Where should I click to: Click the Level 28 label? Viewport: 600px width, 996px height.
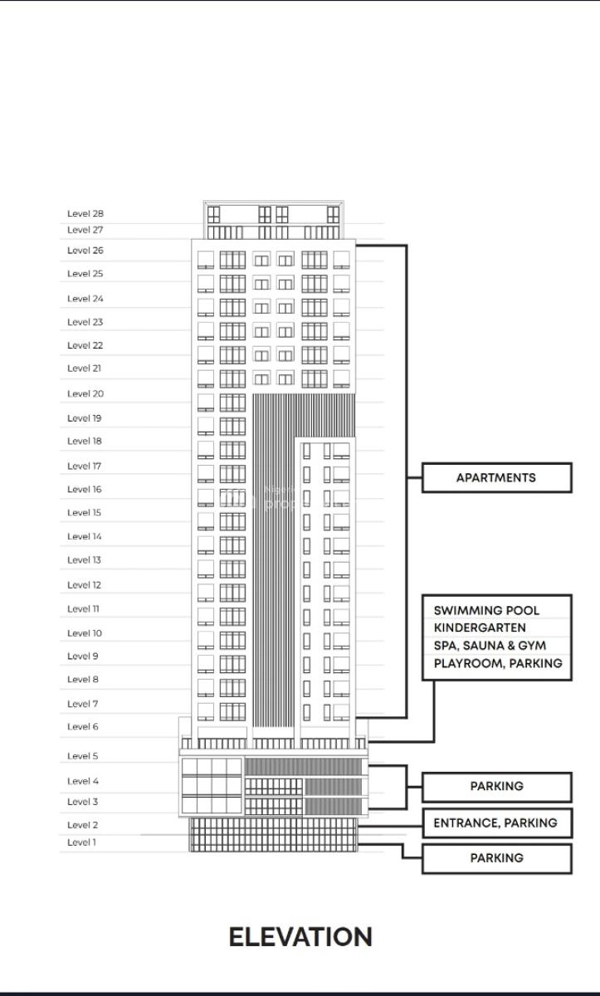85,213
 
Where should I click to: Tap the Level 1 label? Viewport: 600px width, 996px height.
82,842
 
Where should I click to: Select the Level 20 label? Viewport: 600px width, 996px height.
85,393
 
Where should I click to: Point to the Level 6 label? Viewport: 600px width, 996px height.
83,726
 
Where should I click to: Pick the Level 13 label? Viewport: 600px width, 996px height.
84,560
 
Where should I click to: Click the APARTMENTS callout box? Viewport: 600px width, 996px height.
496,477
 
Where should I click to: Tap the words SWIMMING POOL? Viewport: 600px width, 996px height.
486,610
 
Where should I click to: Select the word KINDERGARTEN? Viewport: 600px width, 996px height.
480,628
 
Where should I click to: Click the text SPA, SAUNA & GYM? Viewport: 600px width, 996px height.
490,646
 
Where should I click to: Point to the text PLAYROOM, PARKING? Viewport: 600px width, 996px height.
498,663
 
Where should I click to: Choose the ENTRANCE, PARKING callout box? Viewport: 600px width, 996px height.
496,823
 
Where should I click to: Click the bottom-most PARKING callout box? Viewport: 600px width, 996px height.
496,858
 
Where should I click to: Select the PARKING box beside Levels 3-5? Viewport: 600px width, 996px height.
496,786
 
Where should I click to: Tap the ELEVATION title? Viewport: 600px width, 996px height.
300,937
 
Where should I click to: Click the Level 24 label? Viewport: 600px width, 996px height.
85,298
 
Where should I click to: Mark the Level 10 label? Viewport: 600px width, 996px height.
85,632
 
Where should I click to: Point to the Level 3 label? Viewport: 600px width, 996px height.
83,802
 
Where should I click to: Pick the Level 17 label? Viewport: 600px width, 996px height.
84,466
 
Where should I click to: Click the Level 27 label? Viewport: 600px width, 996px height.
85,230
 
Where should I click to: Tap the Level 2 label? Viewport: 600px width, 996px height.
83,825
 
